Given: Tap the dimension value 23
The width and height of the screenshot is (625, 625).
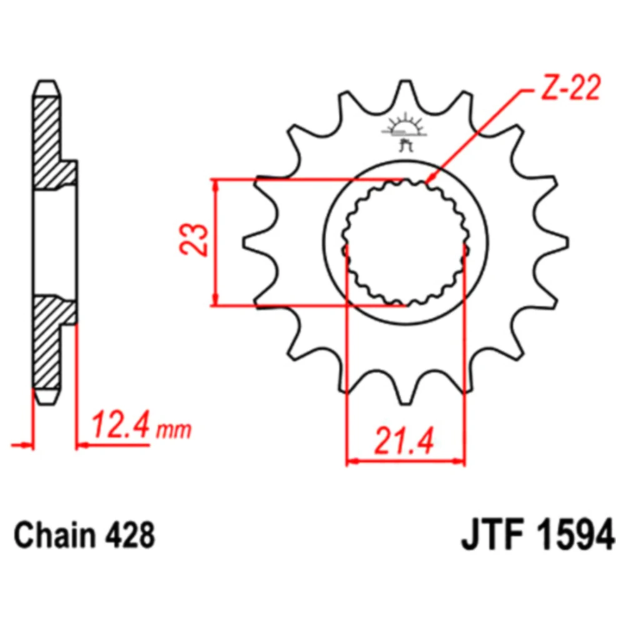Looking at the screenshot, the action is tap(194, 239).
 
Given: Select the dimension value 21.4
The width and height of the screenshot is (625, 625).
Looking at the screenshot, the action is tap(403, 441).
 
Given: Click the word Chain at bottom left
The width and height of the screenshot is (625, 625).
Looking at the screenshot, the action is tap(54, 536).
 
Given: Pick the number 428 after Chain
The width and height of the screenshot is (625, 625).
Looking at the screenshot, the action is tap(130, 536).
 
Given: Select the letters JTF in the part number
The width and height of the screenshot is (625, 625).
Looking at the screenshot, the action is tap(492, 536).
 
